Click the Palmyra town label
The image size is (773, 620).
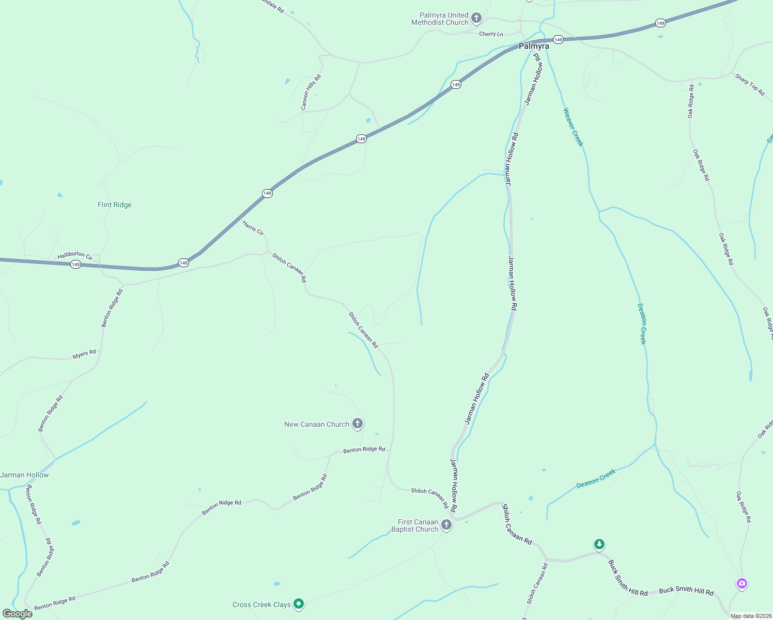(534, 47)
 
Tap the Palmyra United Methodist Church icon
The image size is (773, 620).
(476, 19)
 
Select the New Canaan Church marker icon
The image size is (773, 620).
(357, 424)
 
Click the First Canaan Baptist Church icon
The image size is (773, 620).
(446, 525)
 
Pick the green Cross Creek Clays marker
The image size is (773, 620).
(298, 603)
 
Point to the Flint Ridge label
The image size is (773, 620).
(115, 205)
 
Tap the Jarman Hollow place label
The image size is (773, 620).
(25, 475)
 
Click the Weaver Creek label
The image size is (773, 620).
(573, 127)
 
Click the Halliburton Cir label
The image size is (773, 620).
(75, 255)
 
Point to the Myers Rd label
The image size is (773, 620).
(84, 354)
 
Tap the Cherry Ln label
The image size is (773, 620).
(491, 34)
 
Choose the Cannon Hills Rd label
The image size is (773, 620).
(311, 92)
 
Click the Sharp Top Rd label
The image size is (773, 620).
(750, 85)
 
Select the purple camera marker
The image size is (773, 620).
(742, 583)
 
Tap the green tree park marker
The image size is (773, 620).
(599, 544)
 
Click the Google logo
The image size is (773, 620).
(18, 614)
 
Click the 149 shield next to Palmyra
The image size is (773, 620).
(558, 40)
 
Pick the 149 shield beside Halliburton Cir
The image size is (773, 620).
(76, 265)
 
